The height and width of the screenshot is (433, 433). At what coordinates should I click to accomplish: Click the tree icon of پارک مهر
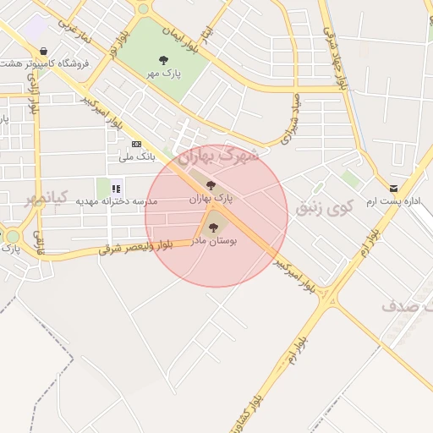tap(163, 59)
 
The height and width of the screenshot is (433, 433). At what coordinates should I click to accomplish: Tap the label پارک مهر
tap(164, 74)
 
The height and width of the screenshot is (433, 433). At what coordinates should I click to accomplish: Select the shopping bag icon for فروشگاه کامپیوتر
tap(43, 52)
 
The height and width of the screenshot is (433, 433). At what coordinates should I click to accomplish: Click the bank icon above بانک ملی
tap(136, 144)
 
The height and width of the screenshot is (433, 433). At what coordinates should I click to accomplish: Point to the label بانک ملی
tap(135, 156)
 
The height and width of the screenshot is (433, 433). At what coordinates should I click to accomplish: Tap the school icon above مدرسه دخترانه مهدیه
tap(116, 188)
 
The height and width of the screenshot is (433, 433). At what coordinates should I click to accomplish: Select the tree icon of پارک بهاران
tap(211, 185)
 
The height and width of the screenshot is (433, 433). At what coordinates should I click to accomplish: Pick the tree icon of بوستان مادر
tap(211, 226)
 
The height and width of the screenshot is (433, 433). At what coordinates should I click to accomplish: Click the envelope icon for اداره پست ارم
tap(393, 188)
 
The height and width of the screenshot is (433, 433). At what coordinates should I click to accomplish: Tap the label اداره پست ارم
tap(393, 202)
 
